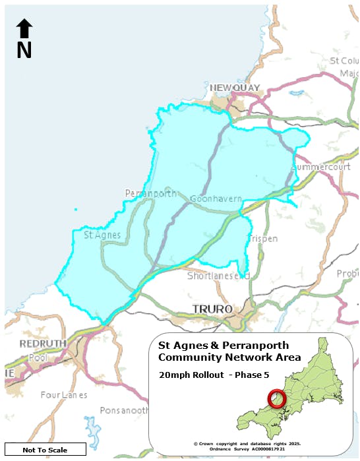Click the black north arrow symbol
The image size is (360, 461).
(24, 28)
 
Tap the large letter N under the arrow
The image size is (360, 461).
(24, 51)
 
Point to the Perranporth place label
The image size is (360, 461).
(151, 194)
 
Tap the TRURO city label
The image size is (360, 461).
(212, 309)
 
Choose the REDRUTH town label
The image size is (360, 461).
(42, 344)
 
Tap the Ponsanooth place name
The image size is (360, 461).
(124, 410)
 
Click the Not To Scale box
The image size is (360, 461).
(45, 450)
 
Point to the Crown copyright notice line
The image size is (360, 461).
(247, 443)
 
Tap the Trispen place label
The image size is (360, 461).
(264, 238)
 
